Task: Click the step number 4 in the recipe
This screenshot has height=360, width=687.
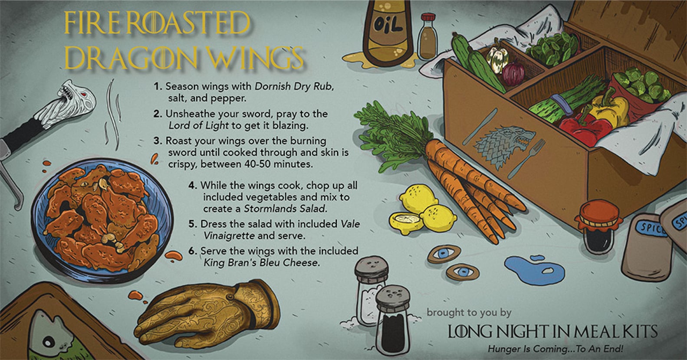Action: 193,185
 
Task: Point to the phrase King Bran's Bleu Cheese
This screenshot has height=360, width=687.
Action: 260,262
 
